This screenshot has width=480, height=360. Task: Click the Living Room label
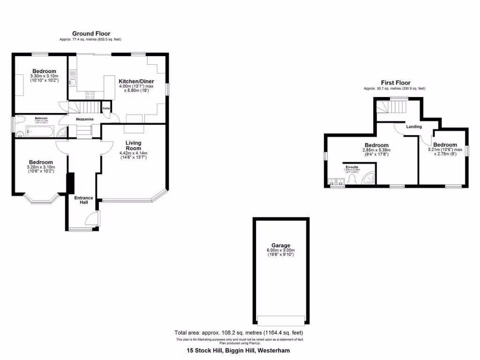(133, 145)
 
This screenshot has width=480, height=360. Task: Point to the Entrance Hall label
(84, 200)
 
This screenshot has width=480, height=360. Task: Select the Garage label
(281, 245)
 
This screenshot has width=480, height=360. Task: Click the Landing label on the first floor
(414, 127)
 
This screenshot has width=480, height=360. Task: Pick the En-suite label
(352, 167)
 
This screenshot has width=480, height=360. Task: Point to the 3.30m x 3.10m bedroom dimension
(44, 76)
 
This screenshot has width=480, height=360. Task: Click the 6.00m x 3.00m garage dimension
(281, 250)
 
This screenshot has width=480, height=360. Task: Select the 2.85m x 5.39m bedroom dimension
(376, 150)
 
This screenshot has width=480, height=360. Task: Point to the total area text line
(239, 333)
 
